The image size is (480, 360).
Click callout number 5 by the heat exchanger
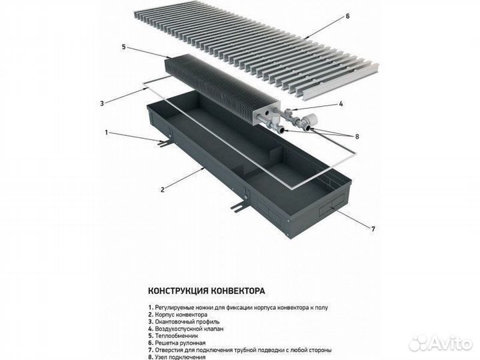pos(124,47)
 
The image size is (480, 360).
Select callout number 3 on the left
pos(101,103)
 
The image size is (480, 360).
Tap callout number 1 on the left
pos(105,132)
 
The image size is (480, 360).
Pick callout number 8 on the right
pos(357,137)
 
